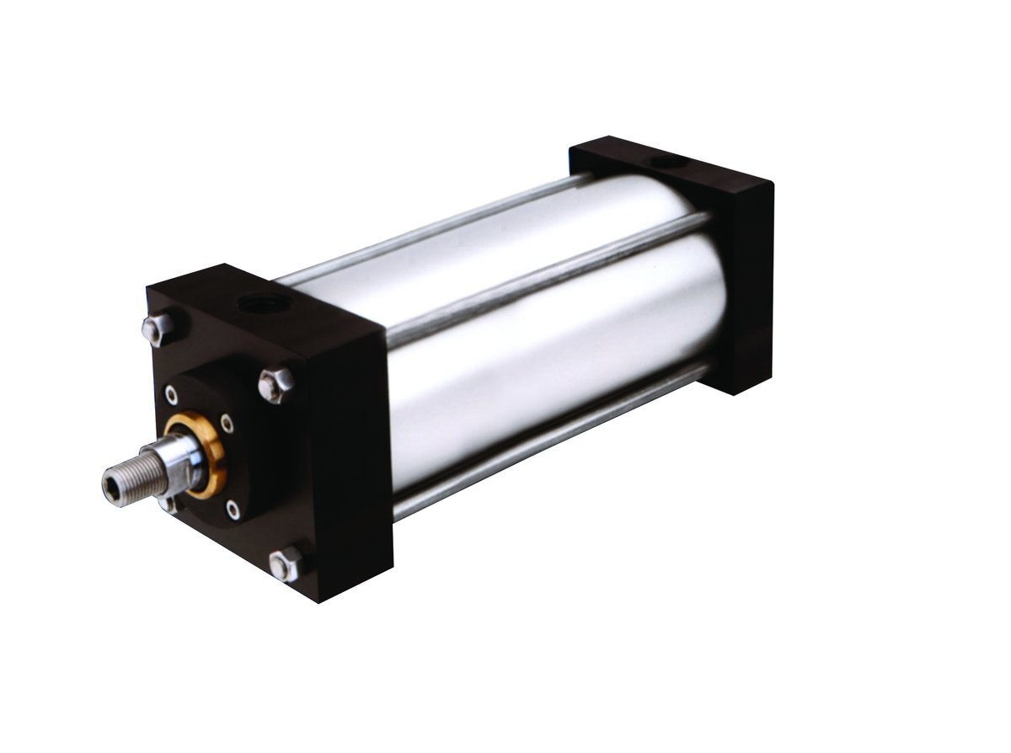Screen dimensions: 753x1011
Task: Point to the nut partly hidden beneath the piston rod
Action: tap(167, 504)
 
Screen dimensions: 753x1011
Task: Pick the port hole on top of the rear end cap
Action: tap(668, 160)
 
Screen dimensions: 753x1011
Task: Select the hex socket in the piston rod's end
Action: tap(111, 486)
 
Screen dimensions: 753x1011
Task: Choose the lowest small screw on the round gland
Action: tap(233, 510)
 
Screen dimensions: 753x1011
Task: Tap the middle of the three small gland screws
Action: tap(226, 423)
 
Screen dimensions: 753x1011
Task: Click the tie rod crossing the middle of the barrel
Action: tap(548, 277)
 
